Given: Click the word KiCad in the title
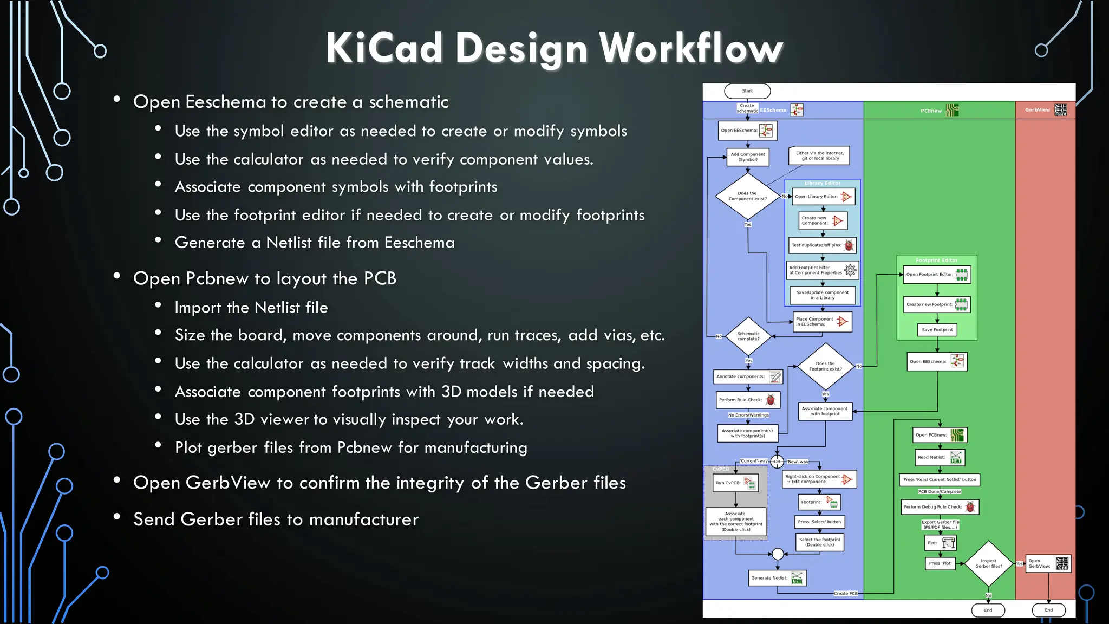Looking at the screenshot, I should click(384, 48).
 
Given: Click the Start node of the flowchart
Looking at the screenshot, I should click(747, 91).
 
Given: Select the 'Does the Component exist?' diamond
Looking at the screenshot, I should click(748, 196).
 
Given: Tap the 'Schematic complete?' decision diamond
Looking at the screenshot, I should click(748, 336).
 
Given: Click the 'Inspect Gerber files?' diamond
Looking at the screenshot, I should click(989, 563).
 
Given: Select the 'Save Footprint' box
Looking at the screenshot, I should click(937, 330).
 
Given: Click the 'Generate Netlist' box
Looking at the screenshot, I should click(778, 578).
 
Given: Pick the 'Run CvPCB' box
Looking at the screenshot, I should click(735, 483).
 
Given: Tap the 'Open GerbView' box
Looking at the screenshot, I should click(1048, 564).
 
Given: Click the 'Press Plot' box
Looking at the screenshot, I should click(940, 563).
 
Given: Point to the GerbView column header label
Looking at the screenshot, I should click(1037, 110).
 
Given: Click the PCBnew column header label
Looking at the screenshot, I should click(931, 110).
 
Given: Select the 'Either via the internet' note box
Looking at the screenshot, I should click(819, 155).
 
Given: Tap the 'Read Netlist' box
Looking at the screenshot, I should click(940, 457).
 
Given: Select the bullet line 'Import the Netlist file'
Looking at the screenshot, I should click(251, 308).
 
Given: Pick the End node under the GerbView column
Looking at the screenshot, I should click(1048, 610).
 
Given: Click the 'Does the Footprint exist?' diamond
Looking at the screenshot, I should click(825, 367).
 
